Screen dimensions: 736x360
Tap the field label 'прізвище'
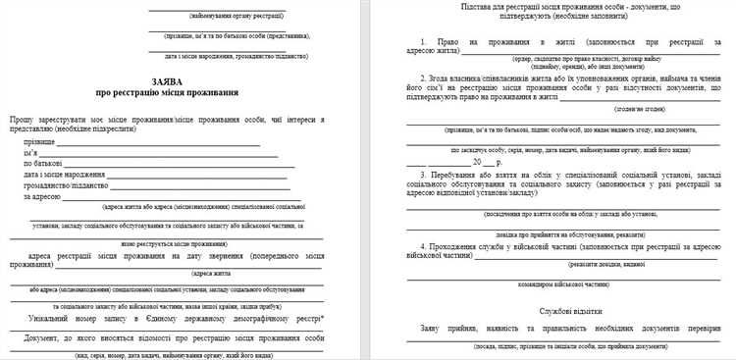point(40,143)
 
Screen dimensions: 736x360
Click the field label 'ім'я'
point(30,153)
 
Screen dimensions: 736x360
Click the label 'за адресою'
point(43,196)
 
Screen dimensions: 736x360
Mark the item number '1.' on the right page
point(424,44)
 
